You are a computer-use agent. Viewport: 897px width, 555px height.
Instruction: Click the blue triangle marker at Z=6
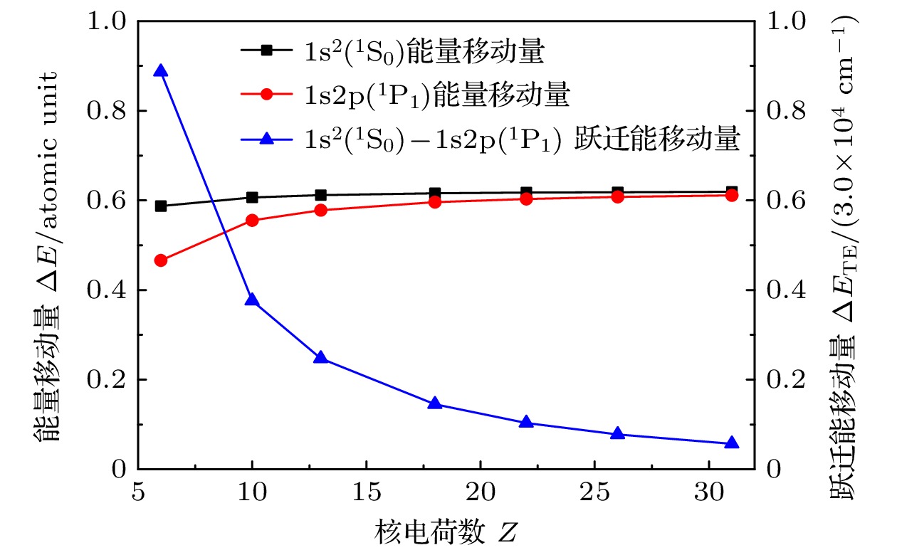click(161, 70)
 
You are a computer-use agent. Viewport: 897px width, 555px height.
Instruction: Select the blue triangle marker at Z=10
click(252, 300)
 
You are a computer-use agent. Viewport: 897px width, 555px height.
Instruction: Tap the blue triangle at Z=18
click(435, 404)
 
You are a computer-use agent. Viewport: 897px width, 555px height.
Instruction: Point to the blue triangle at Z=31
click(732, 443)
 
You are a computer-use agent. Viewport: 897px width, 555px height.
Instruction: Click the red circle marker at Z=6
click(161, 260)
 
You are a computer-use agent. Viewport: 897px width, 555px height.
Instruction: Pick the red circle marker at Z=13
click(320, 210)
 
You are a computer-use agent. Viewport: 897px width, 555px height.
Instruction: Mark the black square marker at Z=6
click(161, 206)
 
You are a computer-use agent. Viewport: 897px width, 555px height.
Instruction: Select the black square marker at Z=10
click(252, 197)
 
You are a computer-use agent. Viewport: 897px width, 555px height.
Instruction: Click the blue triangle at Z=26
click(618, 434)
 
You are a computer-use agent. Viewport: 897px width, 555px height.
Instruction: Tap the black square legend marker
click(266, 50)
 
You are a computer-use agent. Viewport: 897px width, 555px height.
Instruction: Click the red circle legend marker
click(266, 95)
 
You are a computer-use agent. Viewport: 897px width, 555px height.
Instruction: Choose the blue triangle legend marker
click(266, 140)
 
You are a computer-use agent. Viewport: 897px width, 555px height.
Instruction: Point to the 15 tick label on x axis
click(366, 492)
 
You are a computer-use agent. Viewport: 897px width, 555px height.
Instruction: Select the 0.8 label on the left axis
click(105, 111)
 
